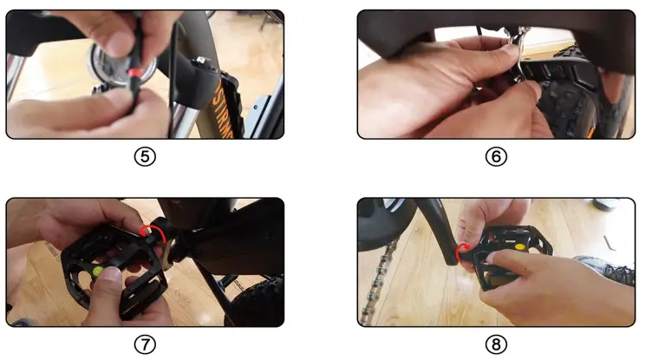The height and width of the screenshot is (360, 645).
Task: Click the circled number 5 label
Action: coord(146,157)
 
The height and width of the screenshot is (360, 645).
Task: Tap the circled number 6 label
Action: coord(496,157)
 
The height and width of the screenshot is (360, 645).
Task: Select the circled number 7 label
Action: coord(146,344)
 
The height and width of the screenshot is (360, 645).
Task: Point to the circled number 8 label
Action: coord(496,344)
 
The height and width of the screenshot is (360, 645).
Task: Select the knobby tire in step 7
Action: coord(260,299)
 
